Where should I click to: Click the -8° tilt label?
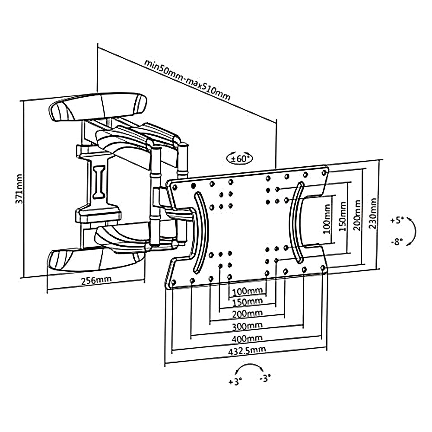coord(396,241)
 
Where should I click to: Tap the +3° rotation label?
coord(235,381)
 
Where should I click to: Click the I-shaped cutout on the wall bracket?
coord(99,182)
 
